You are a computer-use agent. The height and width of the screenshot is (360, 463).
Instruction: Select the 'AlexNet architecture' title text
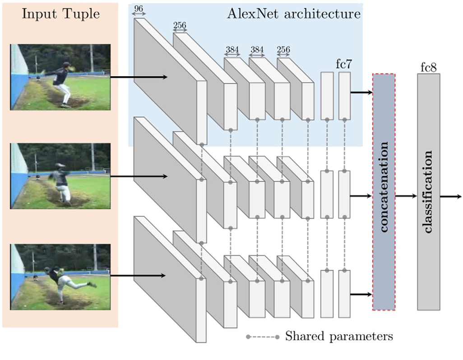(294, 14)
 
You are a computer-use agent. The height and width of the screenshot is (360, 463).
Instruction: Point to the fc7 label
(344, 64)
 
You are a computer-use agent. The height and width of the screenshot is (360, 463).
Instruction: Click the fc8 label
(428, 68)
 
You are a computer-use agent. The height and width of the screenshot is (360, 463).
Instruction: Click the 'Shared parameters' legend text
(339, 336)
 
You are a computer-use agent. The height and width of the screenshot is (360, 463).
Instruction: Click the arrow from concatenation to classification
(406, 197)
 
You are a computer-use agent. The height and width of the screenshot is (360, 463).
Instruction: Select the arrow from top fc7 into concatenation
(361, 93)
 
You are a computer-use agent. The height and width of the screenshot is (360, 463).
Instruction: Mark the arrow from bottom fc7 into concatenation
(361, 295)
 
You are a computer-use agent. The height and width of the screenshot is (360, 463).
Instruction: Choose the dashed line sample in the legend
(263, 337)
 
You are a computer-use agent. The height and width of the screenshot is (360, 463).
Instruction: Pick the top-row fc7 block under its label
(344, 96)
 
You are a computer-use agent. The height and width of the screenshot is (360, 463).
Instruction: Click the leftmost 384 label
(233, 50)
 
